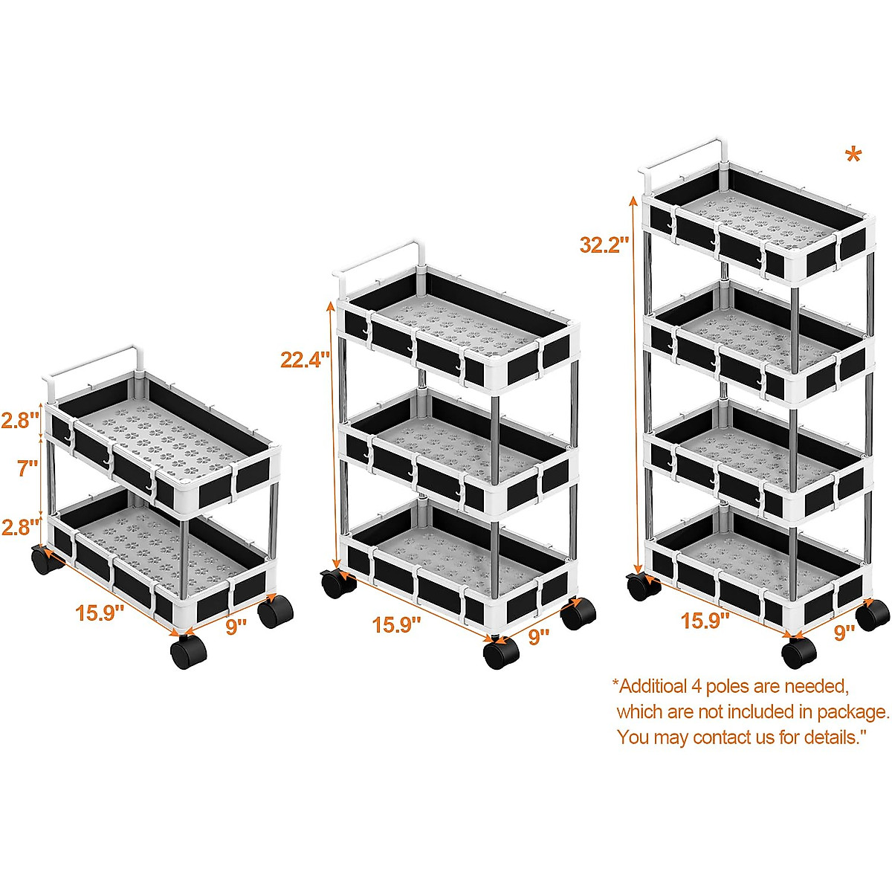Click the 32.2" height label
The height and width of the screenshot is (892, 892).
[604, 244]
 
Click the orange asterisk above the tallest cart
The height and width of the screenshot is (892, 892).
[853, 157]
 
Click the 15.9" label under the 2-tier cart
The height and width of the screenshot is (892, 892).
[99, 613]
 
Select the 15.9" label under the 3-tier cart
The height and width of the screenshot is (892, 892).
[396, 624]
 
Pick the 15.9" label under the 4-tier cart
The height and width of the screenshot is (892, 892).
[705, 621]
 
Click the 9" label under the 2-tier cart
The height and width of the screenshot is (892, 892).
[236, 627]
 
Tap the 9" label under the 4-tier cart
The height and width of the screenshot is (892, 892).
[844, 633]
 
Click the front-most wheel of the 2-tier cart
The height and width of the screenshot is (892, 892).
[188, 652]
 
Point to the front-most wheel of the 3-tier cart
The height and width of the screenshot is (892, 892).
[500, 653]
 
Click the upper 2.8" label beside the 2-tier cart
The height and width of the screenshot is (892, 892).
[19, 420]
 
